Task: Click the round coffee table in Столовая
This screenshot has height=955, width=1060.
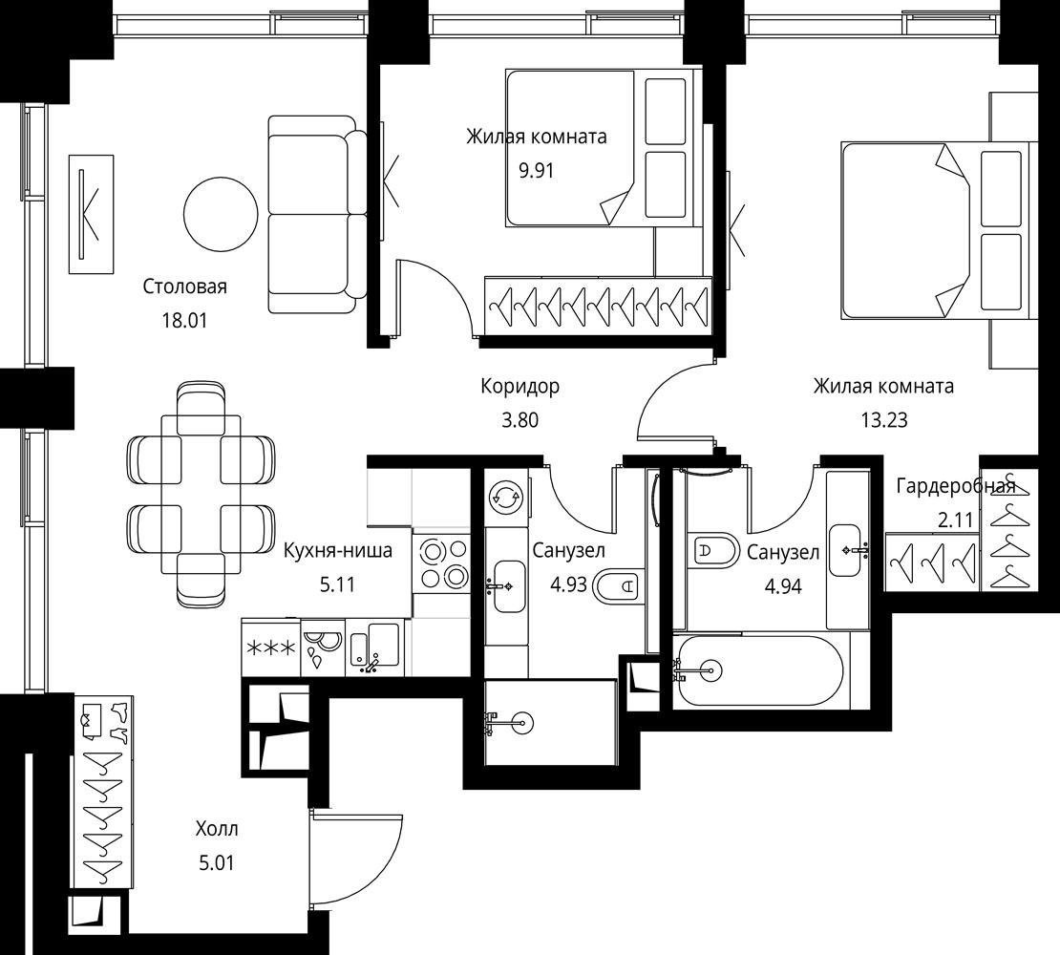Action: [x=221, y=214]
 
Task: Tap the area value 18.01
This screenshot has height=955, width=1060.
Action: [x=184, y=320]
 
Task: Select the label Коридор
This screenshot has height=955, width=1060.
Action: [x=519, y=386]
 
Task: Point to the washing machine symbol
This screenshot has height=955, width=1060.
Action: [x=506, y=499]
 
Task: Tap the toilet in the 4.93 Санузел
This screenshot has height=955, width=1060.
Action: [x=617, y=585]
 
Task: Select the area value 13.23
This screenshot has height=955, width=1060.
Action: [x=883, y=420]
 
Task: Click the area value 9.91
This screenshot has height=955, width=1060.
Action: [x=536, y=170]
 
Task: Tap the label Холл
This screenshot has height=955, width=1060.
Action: [x=217, y=829]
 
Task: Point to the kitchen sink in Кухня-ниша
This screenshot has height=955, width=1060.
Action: [x=375, y=648]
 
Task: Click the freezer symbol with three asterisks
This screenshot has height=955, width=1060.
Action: [x=270, y=648]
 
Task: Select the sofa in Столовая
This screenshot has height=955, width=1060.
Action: [x=317, y=214]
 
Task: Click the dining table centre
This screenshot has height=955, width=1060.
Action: [x=201, y=494]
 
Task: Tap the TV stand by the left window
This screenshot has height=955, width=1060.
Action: [x=92, y=214]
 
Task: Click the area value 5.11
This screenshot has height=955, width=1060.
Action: [x=337, y=584]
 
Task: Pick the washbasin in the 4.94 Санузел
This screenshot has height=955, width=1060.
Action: [x=848, y=550]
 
